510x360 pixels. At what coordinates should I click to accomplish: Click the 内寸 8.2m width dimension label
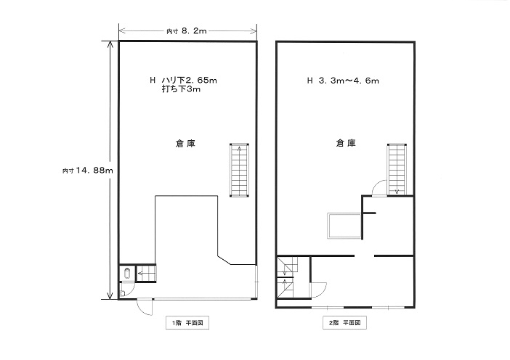187,31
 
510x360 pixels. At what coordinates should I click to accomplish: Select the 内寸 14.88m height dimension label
88,171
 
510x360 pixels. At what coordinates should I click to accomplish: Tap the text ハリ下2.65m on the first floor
190,80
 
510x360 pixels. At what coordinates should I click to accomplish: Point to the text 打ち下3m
181,89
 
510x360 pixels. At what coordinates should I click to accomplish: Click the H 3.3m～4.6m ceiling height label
343,81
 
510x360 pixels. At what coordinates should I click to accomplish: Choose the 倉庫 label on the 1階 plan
185,143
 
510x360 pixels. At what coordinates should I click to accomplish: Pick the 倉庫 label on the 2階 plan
346,143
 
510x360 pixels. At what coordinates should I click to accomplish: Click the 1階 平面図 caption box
187,323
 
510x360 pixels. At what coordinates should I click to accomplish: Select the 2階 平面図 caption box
345,323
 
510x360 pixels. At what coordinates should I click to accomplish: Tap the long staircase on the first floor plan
240,171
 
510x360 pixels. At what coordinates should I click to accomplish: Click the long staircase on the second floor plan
397,169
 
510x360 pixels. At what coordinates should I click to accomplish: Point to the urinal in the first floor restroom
127,274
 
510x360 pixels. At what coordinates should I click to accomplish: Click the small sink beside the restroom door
122,293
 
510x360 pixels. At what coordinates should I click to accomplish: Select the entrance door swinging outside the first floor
145,306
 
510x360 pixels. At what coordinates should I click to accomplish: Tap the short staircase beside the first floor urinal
146,274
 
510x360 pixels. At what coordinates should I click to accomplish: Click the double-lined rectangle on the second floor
345,226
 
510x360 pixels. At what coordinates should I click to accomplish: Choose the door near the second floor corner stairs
319,289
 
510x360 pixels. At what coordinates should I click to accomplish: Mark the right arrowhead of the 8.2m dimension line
254,31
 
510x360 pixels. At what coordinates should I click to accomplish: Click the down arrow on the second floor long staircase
397,191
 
